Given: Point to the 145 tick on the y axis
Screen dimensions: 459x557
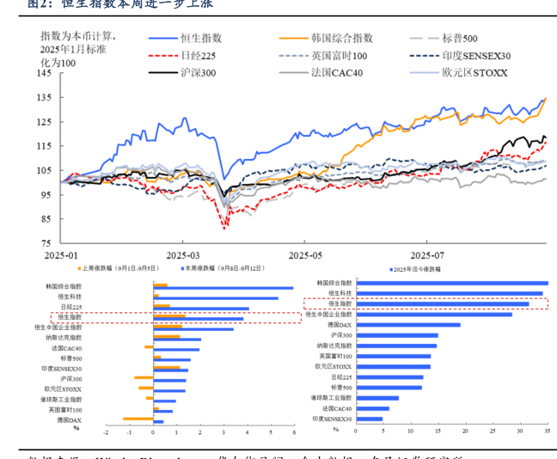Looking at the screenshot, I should coord(45,74).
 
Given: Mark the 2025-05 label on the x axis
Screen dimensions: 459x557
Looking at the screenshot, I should coord(304,255).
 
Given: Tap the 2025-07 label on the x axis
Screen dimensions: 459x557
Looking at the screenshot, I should coord(427,255).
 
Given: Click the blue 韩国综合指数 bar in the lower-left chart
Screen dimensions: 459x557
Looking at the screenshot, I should coord(223,288).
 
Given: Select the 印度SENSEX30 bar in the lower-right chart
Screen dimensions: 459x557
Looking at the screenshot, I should coord(369,419).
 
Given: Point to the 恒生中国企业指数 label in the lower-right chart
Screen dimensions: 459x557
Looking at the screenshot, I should coord(327,314).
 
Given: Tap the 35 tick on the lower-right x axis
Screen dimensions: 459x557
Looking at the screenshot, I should coord(547,430).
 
